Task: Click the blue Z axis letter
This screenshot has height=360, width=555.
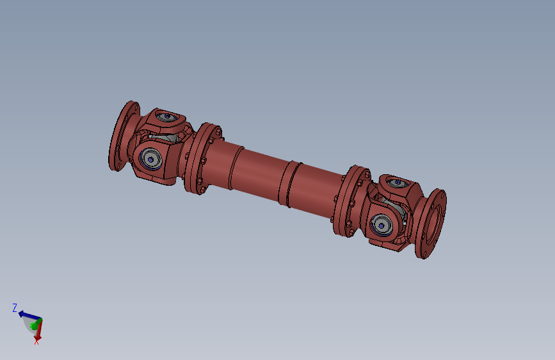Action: pos(15,307)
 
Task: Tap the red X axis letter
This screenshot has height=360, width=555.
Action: pos(36,342)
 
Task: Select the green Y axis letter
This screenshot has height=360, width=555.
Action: pos(32,325)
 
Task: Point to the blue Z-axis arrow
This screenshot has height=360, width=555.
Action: pos(29,315)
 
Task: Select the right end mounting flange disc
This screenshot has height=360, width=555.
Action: pos(431,224)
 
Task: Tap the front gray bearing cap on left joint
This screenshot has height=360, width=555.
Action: pos(151,160)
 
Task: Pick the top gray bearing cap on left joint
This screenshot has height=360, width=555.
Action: pos(166,116)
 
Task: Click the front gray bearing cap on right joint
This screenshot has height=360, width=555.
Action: pos(382,225)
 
